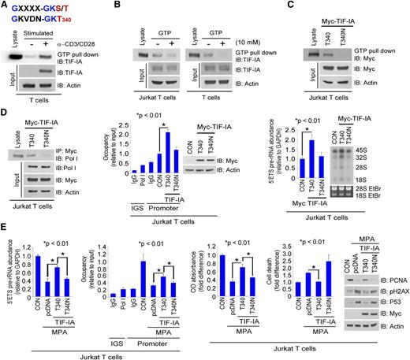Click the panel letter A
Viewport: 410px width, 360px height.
point(5,6)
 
